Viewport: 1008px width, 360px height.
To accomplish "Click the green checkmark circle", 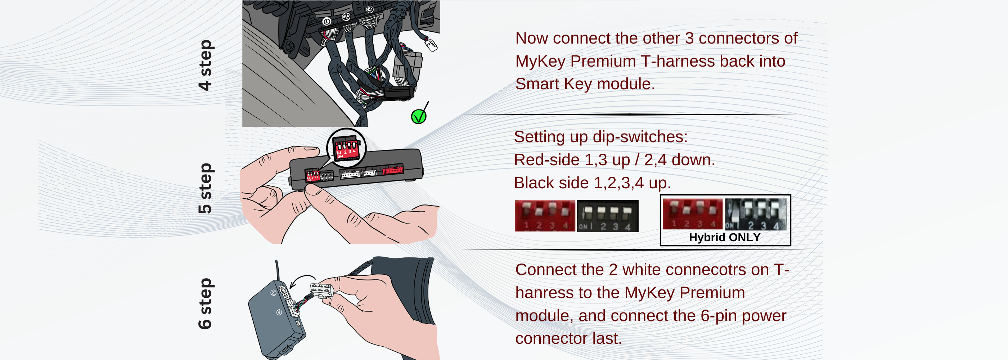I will (x=418, y=117).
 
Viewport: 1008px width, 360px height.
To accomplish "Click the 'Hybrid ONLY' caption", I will (x=724, y=237).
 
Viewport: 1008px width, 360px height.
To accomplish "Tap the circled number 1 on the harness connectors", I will (x=327, y=22).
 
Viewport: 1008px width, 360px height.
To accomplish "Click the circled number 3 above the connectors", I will (x=369, y=9).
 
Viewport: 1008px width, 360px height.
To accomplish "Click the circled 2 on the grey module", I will (x=273, y=293).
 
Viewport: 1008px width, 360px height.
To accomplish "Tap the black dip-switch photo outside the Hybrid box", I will (x=607, y=216).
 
